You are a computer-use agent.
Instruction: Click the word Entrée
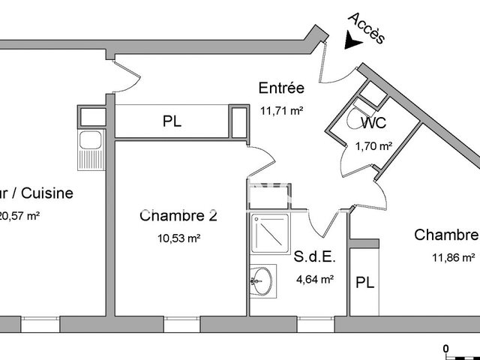[280, 87]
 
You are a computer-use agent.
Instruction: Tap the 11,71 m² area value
[280, 110]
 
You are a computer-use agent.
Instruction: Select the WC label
[373, 123]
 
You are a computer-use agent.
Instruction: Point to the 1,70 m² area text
[373, 145]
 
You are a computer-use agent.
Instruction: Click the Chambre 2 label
[178, 216]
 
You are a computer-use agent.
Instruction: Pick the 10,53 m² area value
[178, 238]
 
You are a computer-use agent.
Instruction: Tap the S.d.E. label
[314, 257]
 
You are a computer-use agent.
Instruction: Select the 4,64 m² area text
[315, 278]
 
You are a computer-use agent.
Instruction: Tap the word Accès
[367, 28]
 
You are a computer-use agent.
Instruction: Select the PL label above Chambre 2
[172, 122]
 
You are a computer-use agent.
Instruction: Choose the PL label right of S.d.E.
[365, 283]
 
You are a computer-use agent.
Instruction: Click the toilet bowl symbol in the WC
[355, 120]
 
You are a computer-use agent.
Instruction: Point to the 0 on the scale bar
[445, 349]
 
